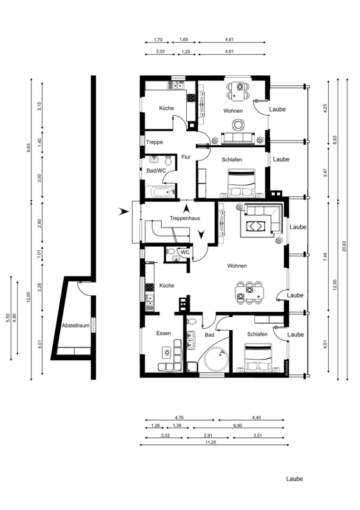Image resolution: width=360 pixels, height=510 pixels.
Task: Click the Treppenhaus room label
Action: pos(185,218)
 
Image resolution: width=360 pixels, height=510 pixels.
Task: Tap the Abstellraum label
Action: pos(75,326)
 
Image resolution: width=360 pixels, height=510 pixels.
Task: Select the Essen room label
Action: pos(163,333)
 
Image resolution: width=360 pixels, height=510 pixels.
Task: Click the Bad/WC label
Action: pos(156,171)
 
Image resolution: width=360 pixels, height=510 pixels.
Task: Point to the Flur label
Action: pos(186,157)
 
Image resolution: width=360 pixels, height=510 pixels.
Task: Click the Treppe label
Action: pos(154,142)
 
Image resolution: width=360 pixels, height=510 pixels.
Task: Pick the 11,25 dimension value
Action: pos(211,442)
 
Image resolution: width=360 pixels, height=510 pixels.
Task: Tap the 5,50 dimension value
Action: pos(8,317)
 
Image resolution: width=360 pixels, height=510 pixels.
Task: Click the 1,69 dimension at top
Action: pos(184,40)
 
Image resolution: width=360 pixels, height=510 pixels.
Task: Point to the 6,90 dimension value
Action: pos(238,425)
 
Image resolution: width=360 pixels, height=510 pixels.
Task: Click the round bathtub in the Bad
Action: pos(215,360)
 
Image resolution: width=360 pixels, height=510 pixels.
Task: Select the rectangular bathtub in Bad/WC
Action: pos(161,192)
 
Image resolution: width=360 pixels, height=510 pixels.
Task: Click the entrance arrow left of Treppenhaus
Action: pos(123,212)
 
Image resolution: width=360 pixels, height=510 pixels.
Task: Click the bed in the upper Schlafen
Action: pos(241,183)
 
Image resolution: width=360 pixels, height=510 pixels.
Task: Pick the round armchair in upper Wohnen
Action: pos(238,124)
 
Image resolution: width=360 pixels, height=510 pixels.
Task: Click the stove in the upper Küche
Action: pos(191,98)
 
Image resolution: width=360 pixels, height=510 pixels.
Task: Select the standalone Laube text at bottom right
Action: pos(294,479)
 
